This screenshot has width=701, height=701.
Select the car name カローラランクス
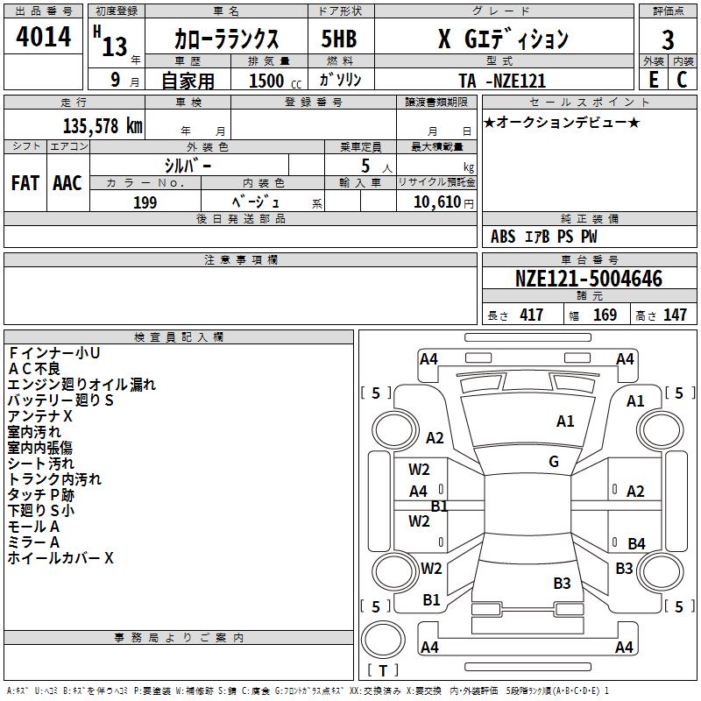pos(226,40)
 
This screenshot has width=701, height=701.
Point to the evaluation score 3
pos(668,40)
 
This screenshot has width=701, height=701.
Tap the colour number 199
pos(145,202)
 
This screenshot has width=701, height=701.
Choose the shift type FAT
pos(25,182)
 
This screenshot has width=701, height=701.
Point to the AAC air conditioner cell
pos(67,182)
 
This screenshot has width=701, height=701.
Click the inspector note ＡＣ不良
pos(34,368)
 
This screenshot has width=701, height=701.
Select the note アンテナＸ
pos(40,415)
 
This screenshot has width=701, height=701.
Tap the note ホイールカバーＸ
pos(60,557)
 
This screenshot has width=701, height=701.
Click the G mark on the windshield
pos(554,462)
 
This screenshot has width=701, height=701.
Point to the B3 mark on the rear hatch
pos(562,583)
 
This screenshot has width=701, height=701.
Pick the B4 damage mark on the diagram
pos(636,544)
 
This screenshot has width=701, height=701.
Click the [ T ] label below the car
pos(382,671)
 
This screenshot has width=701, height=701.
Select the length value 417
pos(531,315)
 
